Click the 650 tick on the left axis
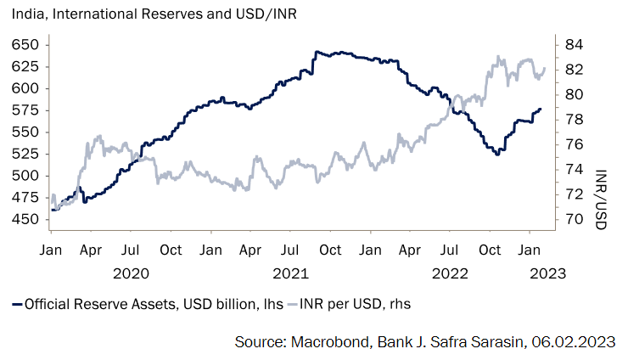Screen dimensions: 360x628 25,44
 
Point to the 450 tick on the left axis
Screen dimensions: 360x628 25,219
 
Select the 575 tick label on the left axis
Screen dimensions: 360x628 25,110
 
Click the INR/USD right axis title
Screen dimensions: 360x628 602,197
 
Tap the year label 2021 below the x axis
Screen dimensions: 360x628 290,273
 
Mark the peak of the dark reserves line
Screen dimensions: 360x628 317,51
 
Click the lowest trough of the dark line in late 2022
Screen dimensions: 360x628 497,154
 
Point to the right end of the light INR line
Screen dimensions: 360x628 544,69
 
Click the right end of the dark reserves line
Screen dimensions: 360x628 541,109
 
